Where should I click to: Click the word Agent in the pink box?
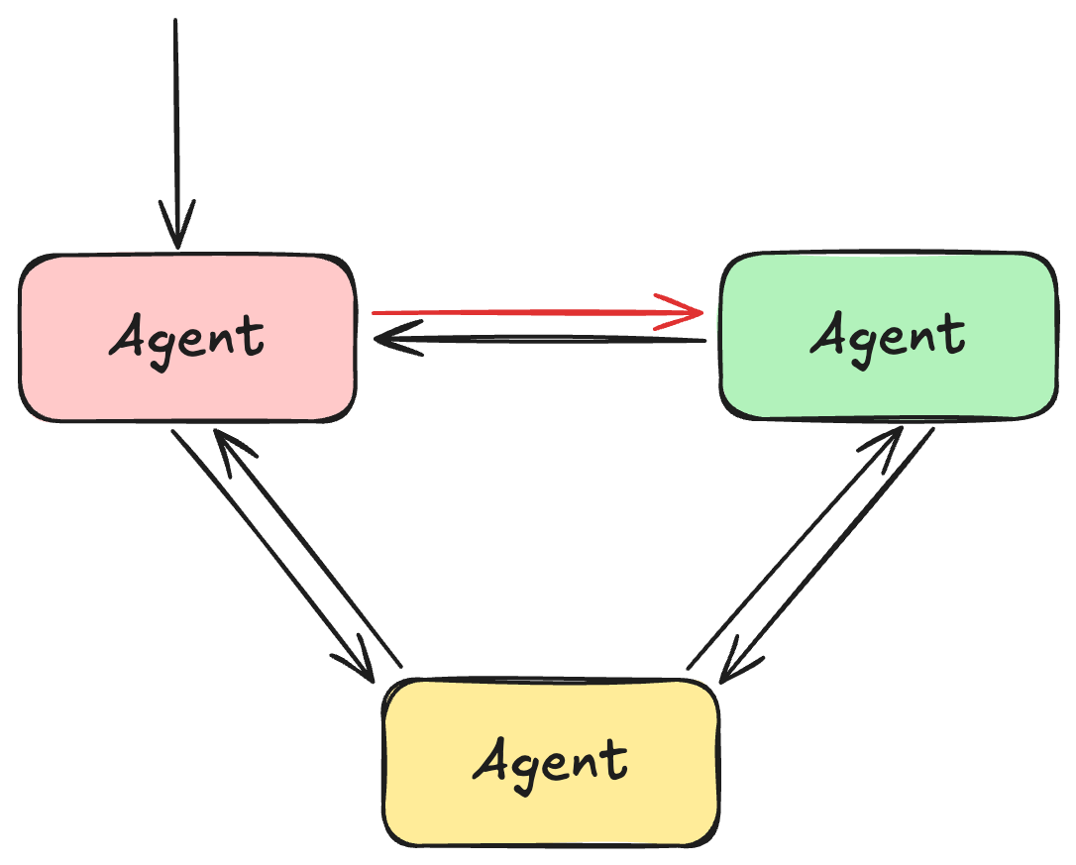187,338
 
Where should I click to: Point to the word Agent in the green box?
888,335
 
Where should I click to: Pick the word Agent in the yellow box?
551,761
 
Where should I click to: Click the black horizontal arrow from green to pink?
555,341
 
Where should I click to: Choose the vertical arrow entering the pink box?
175,119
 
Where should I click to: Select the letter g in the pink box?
162,346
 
